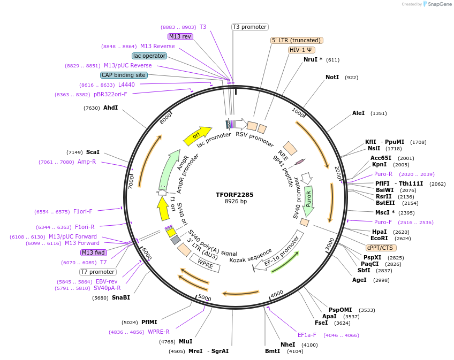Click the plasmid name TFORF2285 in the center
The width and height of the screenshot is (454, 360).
pyautogui.click(x=234, y=195)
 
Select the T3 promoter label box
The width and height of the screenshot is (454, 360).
pyautogui.click(x=250, y=27)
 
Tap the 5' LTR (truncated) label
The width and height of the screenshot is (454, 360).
pyautogui.click(x=297, y=40)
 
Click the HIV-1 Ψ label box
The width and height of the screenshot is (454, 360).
pyautogui.click(x=301, y=50)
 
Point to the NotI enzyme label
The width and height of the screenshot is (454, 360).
pyautogui.click(x=332, y=78)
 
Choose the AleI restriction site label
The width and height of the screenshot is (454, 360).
pyautogui.click(x=358, y=113)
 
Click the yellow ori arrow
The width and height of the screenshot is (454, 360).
pyautogui.click(x=196, y=136)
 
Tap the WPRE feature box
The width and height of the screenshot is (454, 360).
pyautogui.click(x=206, y=263)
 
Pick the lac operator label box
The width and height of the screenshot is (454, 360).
pyautogui.click(x=149, y=56)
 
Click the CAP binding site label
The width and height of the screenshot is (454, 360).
pyautogui.click(x=124, y=75)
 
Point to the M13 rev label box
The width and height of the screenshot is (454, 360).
pyautogui.click(x=180, y=36)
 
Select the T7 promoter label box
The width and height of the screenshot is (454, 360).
pyautogui.click(x=98, y=272)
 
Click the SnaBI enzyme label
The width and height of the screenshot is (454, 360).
pyautogui.click(x=120, y=297)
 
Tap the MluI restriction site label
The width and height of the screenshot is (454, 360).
pyautogui.click(x=185, y=341)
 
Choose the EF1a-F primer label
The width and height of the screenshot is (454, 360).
pyautogui.click(x=307, y=335)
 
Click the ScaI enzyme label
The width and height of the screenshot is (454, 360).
pyautogui.click(x=93, y=152)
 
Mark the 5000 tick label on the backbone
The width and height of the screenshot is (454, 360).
pyautogui.click(x=205, y=297)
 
